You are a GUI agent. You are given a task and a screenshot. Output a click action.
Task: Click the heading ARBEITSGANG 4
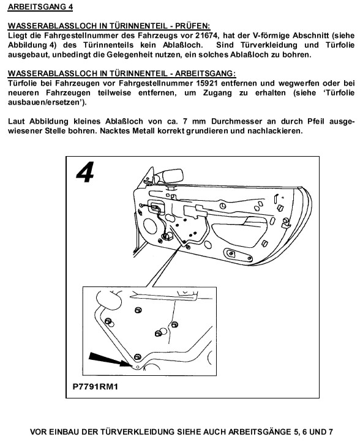40,7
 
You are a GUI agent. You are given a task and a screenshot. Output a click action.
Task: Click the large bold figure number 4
85,172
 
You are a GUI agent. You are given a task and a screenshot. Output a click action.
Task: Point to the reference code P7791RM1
96,386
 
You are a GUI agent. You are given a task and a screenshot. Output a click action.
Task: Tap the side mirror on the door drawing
173,176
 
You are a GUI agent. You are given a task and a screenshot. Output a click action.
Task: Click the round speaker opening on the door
150,226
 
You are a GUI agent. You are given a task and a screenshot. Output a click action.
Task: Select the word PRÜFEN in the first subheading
193,26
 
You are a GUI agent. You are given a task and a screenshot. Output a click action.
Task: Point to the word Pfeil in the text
316,121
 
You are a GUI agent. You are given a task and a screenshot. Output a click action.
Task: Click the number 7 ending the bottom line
331,432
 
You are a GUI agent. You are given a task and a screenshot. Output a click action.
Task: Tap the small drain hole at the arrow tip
138,367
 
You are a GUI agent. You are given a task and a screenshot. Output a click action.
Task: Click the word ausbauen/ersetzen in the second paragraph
44,102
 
